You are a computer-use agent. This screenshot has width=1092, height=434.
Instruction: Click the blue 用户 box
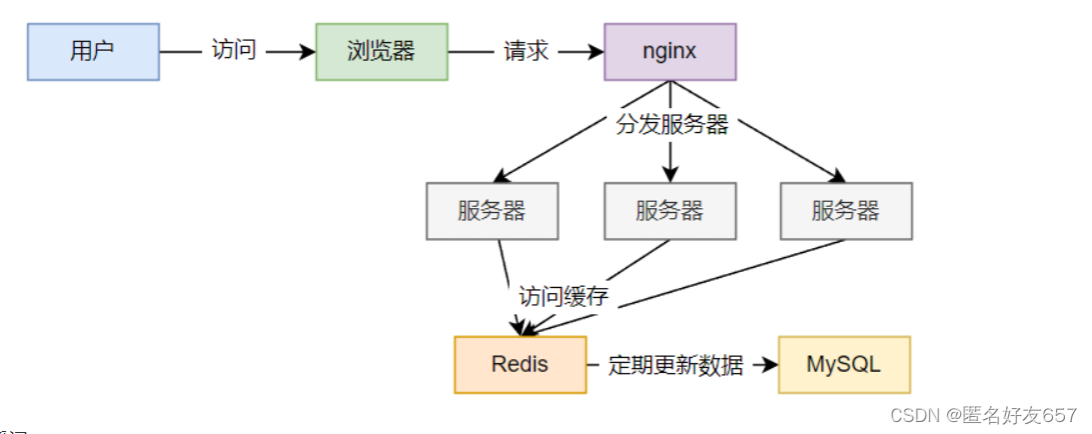click(93, 51)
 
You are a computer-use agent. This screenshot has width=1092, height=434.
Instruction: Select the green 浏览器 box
click(382, 51)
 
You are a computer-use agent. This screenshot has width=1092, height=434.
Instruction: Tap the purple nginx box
click(669, 51)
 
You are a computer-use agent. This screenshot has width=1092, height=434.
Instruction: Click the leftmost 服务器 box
click(492, 211)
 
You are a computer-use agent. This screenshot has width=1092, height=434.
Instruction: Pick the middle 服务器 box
click(669, 211)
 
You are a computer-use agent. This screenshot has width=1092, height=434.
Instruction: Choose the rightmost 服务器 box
click(846, 211)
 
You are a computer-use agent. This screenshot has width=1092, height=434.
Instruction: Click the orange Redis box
click(520, 364)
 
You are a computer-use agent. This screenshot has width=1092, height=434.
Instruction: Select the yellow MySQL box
click(844, 364)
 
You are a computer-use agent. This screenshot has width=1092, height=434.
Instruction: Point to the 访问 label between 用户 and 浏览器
click(234, 51)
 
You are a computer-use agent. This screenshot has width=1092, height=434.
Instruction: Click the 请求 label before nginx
click(526, 51)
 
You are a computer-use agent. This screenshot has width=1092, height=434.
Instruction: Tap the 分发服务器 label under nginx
click(669, 125)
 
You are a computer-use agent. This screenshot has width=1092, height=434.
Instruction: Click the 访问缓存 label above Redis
click(563, 296)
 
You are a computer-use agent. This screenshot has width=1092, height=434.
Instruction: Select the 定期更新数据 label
click(675, 365)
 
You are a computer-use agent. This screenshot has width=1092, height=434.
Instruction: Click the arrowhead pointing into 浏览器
click(308, 51)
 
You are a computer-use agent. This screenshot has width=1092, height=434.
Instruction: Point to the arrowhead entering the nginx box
click(596, 51)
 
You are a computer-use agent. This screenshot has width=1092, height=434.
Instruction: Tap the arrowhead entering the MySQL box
click(770, 365)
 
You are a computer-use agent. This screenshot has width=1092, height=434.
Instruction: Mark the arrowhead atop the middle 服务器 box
click(669, 176)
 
